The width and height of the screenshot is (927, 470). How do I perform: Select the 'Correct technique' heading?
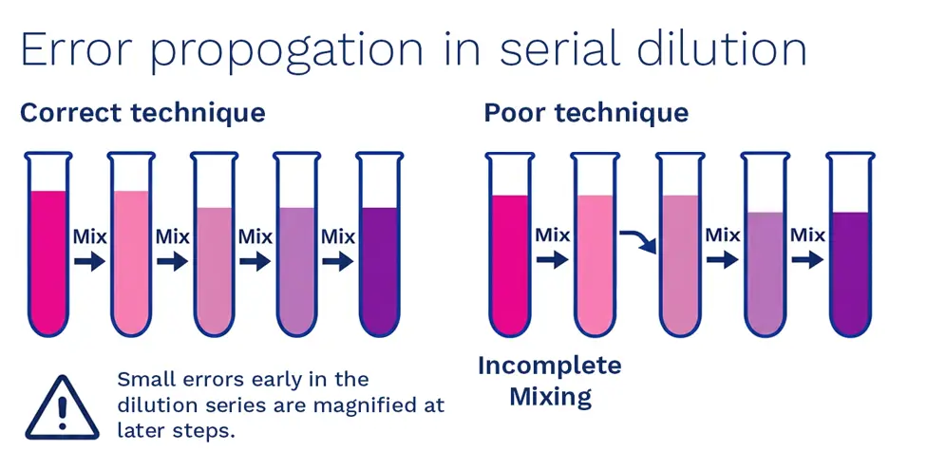tap(142, 113)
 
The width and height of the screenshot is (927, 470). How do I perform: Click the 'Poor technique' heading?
tap(586, 113)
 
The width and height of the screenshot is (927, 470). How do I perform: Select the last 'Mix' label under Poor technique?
tap(808, 235)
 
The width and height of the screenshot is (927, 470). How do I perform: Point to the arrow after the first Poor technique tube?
tap(552, 259)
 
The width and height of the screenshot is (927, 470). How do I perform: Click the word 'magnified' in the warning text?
tap(344, 405)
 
